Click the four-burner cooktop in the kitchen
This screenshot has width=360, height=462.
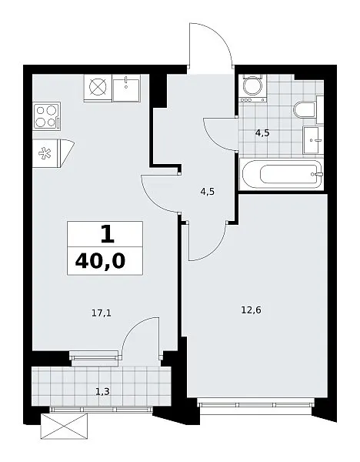pyautogui.click(x=47, y=116)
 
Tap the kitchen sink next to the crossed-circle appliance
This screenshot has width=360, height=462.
pyautogui.click(x=126, y=88)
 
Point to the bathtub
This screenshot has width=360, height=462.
pyautogui.click(x=282, y=174)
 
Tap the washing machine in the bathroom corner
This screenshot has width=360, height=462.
pyautogui.click(x=252, y=88)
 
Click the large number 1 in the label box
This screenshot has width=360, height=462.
pyautogui.click(x=107, y=234)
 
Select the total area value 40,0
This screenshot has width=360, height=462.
pyautogui.click(x=100, y=261)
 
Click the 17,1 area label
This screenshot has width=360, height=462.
pyautogui.click(x=102, y=313)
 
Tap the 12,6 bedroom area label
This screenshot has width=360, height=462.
pyautogui.click(x=251, y=310)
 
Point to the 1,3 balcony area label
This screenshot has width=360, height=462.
pyautogui.click(x=103, y=392)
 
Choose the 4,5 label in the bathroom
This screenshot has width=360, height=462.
pyautogui.click(x=262, y=133)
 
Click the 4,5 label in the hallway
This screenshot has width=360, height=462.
pyautogui.click(x=208, y=192)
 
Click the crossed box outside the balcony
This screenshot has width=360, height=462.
pyautogui.click(x=64, y=426)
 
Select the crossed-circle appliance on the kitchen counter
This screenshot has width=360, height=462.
pyautogui.click(x=98, y=88)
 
